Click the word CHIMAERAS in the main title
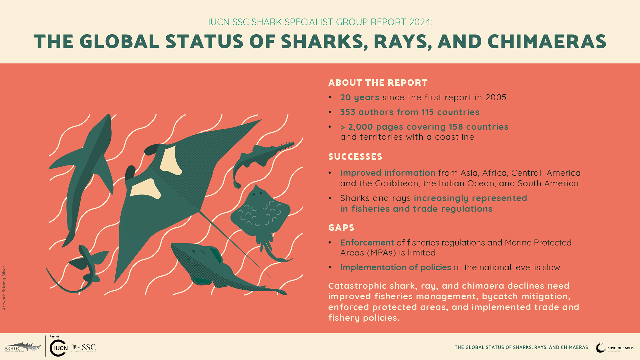(x=547, y=42)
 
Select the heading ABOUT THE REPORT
(x=378, y=83)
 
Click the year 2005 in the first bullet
(x=496, y=97)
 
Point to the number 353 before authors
(x=348, y=112)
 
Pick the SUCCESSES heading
(x=355, y=157)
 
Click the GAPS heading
(x=341, y=228)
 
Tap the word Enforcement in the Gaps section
(x=367, y=243)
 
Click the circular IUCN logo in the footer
(x=59, y=348)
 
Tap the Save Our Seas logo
(x=614, y=348)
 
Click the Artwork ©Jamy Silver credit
(x=4, y=288)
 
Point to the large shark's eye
(x=89, y=133)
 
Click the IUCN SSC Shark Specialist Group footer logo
(x=23, y=347)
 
